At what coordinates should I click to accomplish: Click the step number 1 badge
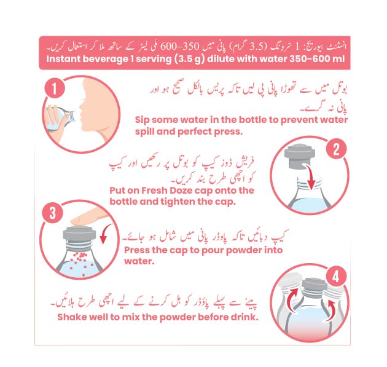coord(55,88)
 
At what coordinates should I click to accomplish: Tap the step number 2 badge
coord(336,149)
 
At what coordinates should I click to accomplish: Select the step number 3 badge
coord(52,213)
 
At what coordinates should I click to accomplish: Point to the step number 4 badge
coord(336,277)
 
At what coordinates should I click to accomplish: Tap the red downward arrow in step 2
coord(310,176)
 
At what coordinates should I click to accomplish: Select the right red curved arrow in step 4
coord(330,310)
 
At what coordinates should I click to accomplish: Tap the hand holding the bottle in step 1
coord(53,118)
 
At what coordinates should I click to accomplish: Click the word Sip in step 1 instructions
coord(142,120)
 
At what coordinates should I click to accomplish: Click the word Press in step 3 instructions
coord(136,250)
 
